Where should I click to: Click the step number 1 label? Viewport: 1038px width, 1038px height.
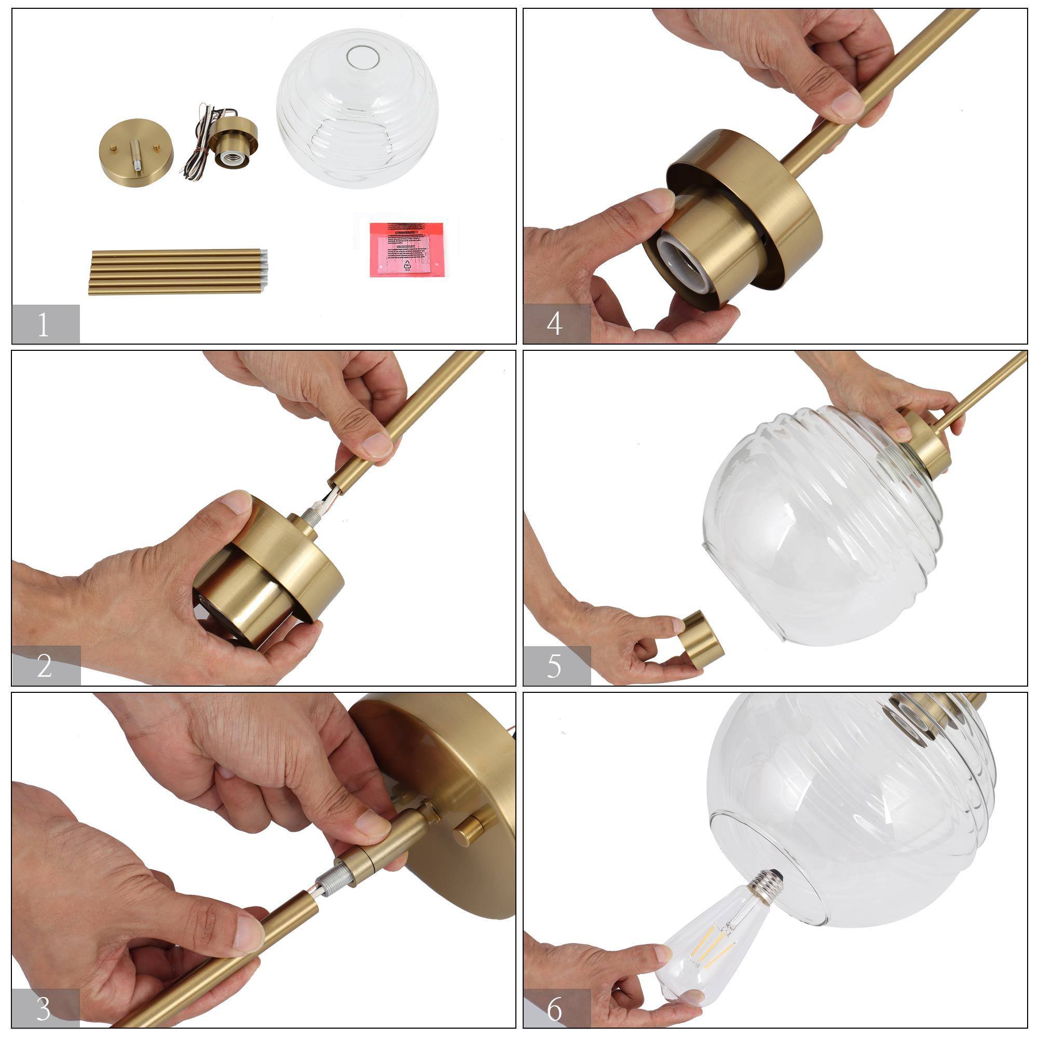click(44, 324)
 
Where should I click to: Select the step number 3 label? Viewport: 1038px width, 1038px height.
click(44, 1008)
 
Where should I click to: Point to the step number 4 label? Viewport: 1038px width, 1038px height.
click(554, 324)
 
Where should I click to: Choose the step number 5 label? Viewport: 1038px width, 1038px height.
click(554, 665)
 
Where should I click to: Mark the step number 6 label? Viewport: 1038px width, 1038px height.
click(554, 1008)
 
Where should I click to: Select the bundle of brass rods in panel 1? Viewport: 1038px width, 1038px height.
click(177, 271)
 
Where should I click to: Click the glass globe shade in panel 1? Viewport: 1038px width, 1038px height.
click(357, 107)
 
